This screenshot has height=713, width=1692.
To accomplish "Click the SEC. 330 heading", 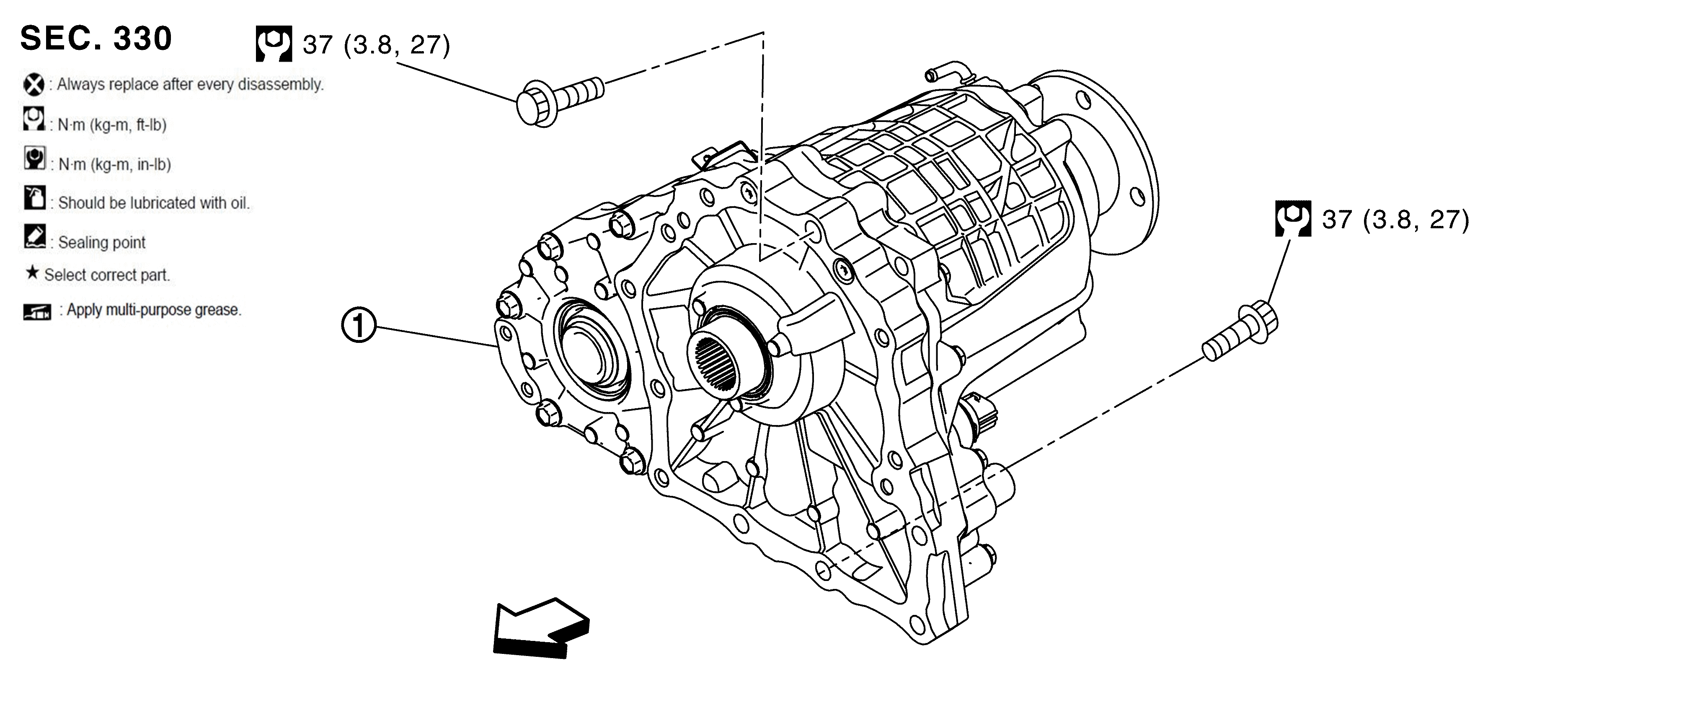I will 96,38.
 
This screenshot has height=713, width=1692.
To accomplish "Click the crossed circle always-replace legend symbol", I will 34,85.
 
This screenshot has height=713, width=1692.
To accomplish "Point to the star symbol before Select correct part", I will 31,273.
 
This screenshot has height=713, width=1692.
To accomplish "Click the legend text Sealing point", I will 102,242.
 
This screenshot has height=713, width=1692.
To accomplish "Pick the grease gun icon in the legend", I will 37,311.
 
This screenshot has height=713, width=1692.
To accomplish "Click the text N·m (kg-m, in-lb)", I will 114,164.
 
